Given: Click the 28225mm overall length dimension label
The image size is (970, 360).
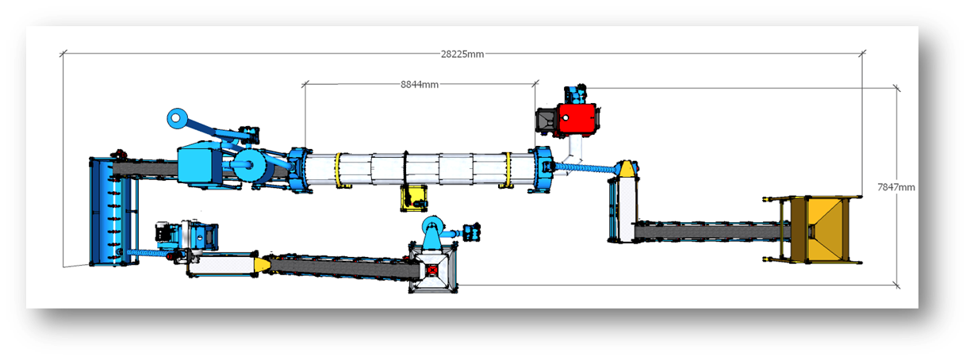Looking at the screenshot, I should [462, 54].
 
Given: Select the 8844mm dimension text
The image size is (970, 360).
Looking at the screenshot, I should [420, 84].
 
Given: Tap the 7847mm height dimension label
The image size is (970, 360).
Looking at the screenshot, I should [896, 187].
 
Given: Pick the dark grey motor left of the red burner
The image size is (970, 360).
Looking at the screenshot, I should [546, 120].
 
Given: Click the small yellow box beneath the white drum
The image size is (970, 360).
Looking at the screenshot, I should [412, 197].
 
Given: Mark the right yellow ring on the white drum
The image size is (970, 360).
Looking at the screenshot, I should [507, 170].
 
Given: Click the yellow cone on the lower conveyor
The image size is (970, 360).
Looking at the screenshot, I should [259, 263].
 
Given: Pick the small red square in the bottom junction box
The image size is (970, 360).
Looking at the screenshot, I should [431, 270].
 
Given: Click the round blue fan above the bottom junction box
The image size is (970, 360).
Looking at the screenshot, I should [433, 226].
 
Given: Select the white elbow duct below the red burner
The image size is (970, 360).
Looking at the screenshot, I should [577, 147].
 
